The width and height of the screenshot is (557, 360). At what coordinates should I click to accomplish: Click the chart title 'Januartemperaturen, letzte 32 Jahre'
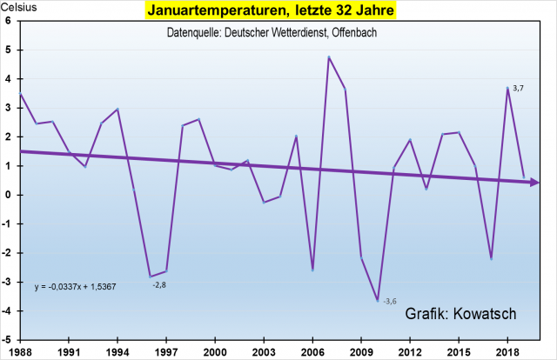[278, 12]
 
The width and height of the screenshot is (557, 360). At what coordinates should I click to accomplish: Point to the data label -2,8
[159, 285]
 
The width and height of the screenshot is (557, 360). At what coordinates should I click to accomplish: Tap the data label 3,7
[518, 89]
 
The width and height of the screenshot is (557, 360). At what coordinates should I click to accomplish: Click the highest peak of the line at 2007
[329, 57]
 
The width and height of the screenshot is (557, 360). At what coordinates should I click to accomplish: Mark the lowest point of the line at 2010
[378, 300]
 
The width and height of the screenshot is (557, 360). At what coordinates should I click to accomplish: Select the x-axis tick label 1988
[20, 350]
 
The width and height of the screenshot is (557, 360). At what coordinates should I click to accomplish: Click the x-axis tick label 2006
[312, 350]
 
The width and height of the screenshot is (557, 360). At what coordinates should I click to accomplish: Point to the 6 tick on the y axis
[8, 21]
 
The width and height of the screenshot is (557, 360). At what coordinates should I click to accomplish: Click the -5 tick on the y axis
[7, 340]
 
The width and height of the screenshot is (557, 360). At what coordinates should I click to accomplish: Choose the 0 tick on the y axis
[8, 195]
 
